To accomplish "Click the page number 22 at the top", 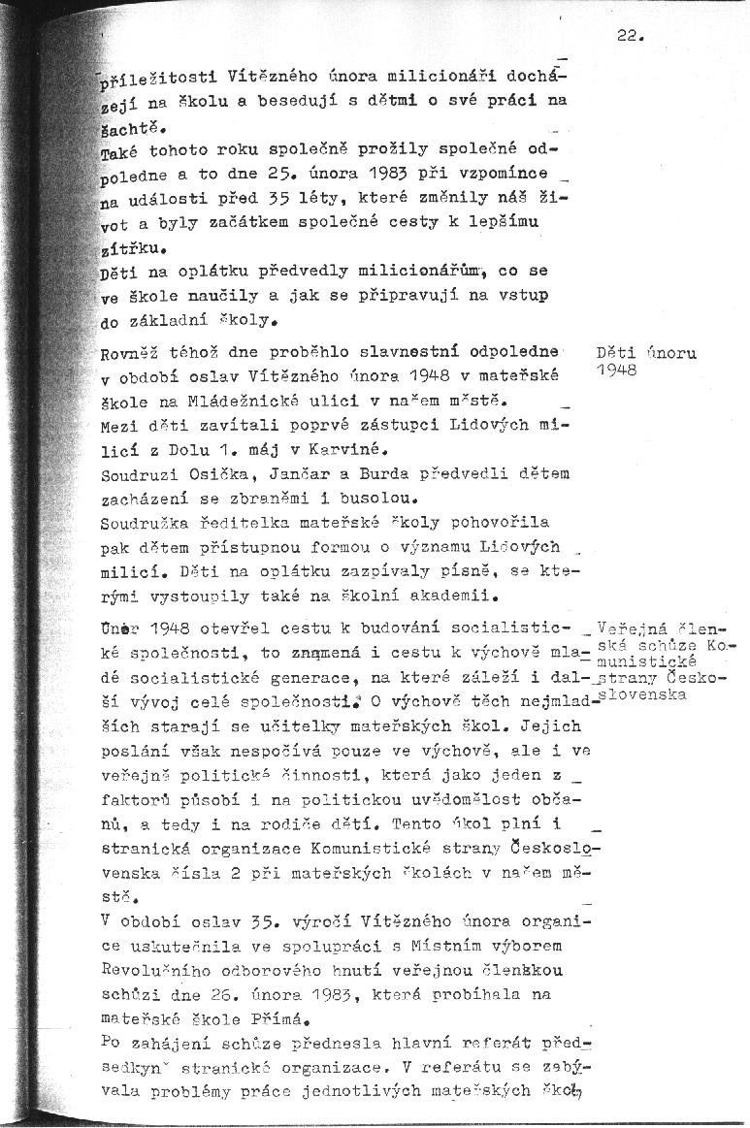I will coord(630,37).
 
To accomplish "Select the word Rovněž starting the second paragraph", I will coord(134,355).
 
